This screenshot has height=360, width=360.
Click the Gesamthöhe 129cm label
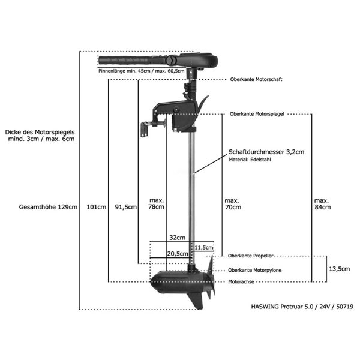[48, 207]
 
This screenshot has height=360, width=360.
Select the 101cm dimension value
[96, 207]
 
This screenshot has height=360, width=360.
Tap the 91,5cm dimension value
[126, 207]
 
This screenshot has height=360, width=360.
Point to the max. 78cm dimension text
[156, 203]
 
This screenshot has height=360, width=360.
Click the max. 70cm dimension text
[233, 204]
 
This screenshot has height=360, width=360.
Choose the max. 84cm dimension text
[322, 204]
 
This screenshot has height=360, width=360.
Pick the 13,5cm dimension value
[340, 269]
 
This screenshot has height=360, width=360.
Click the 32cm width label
[177, 238]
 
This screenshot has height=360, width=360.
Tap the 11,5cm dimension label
[203, 247]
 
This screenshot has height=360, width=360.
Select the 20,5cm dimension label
[178, 254]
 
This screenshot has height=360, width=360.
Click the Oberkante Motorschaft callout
[256, 79]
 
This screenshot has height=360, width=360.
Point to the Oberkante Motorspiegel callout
[257, 114]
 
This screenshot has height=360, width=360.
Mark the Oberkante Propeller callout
[250, 256]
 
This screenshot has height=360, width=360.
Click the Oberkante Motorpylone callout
[254, 270]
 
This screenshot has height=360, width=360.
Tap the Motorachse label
[241, 282]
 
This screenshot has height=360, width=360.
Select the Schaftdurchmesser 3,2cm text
[266, 152]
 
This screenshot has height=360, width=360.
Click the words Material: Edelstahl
[250, 160]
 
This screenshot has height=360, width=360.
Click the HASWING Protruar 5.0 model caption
[302, 307]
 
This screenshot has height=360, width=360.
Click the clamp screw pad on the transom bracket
[144, 130]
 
